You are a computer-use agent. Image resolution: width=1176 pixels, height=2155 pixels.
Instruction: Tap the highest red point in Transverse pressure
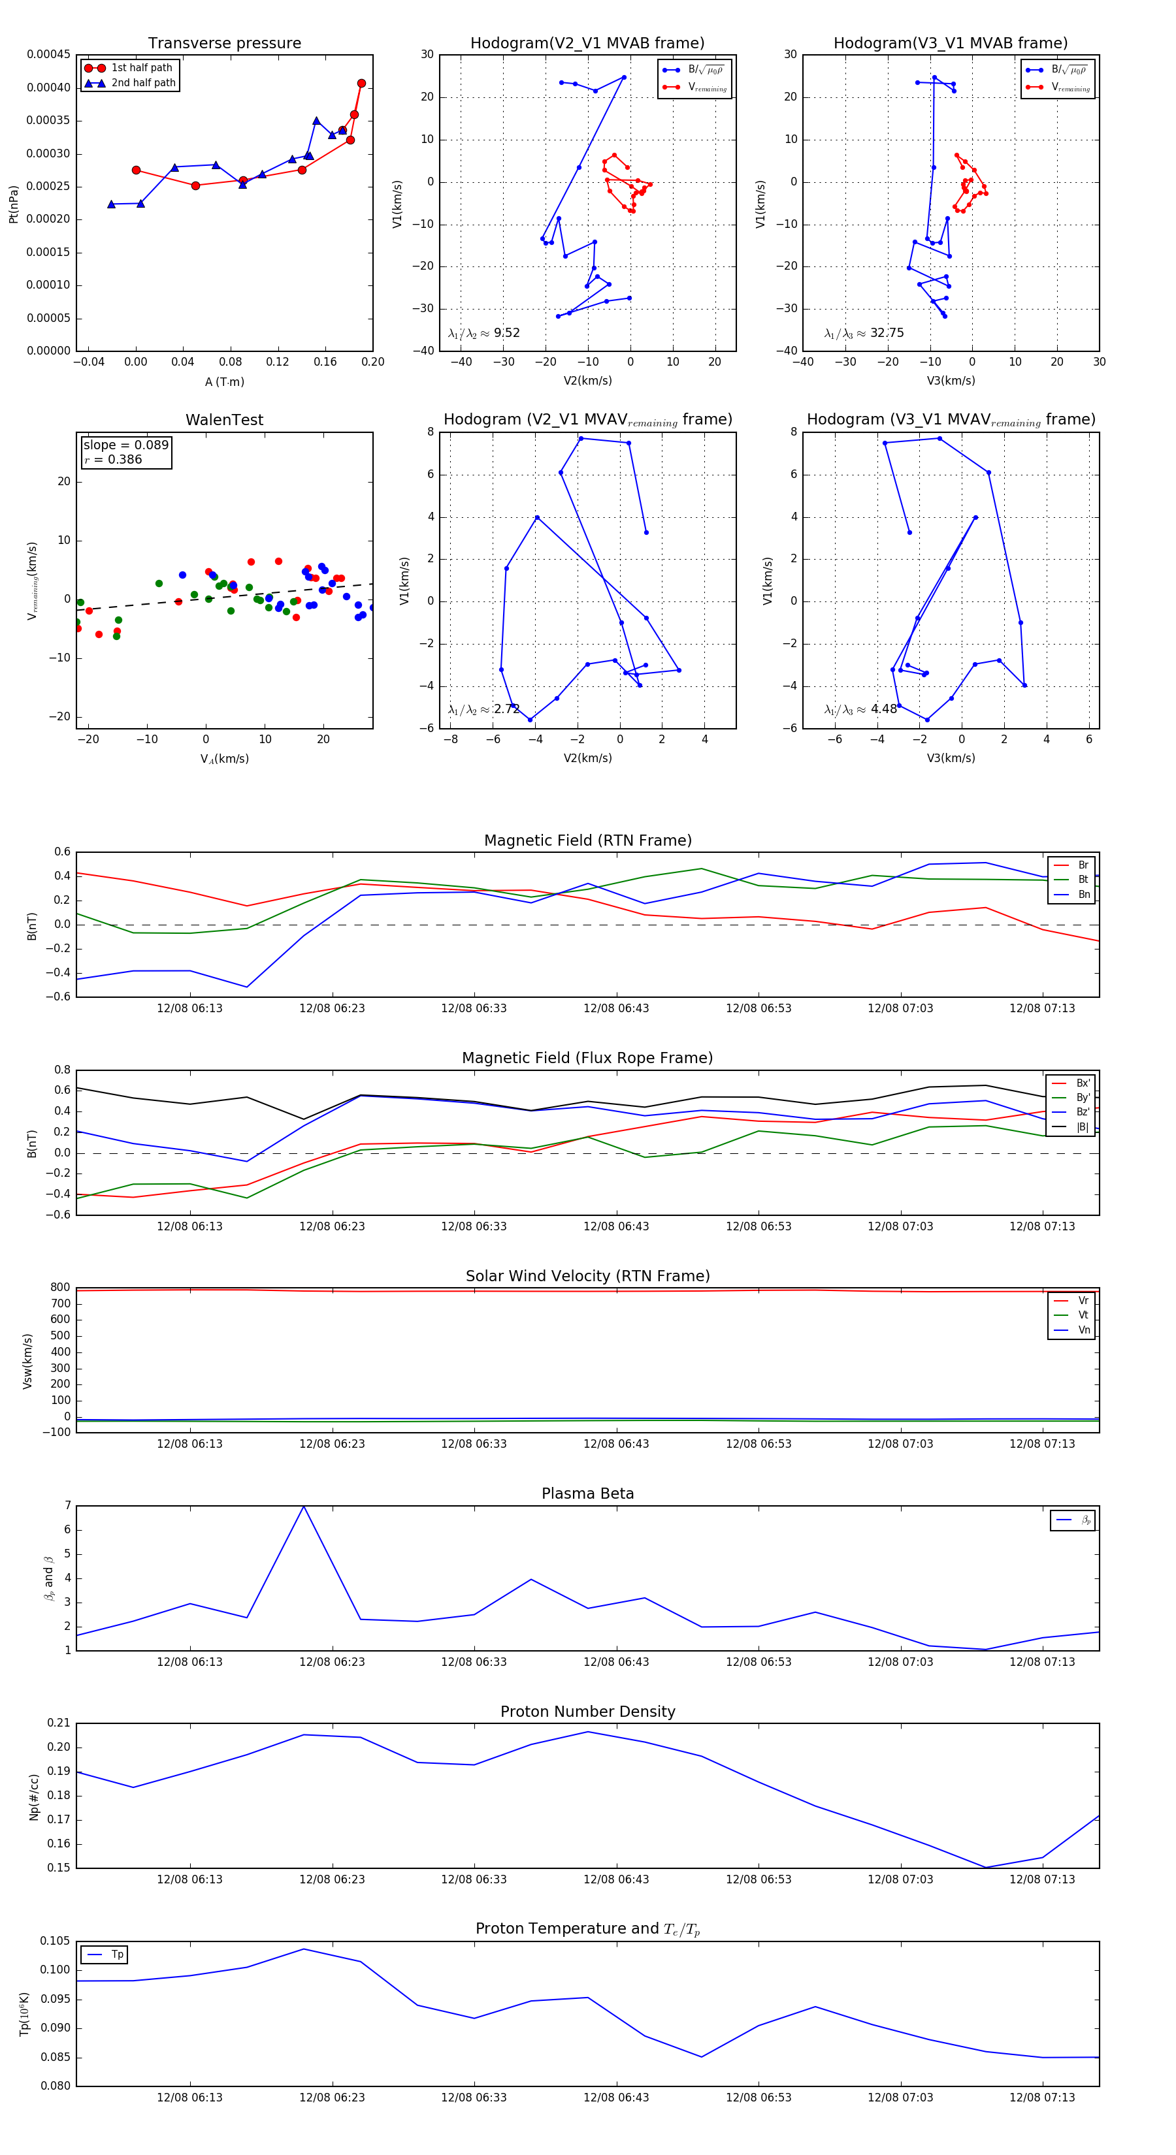pyautogui.click(x=361, y=84)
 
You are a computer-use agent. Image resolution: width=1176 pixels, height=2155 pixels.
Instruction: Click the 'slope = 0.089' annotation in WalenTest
pyautogui.click(x=125, y=445)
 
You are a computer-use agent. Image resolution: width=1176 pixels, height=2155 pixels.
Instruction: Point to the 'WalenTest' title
pyautogui.click(x=224, y=420)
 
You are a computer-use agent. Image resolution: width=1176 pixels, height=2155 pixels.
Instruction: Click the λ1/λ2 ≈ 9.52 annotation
pyautogui.click(x=483, y=333)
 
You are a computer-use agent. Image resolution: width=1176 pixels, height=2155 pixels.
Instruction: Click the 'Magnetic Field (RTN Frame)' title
pyautogui.click(x=587, y=840)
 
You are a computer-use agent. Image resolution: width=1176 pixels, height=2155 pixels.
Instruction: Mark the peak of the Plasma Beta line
pyautogui.click(x=303, y=1507)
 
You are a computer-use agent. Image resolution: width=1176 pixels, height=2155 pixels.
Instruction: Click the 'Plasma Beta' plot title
pyautogui.click(x=587, y=1494)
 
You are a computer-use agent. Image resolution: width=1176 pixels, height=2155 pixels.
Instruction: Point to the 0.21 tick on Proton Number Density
pyautogui.click(x=59, y=1723)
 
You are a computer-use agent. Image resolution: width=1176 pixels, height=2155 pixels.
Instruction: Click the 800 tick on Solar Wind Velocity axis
pyautogui.click(x=60, y=1288)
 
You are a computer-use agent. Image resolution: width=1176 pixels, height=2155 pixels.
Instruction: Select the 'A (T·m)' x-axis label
pyautogui.click(x=224, y=382)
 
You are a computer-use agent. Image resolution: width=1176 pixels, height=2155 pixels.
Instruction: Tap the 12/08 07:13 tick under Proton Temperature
pyautogui.click(x=1042, y=2098)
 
